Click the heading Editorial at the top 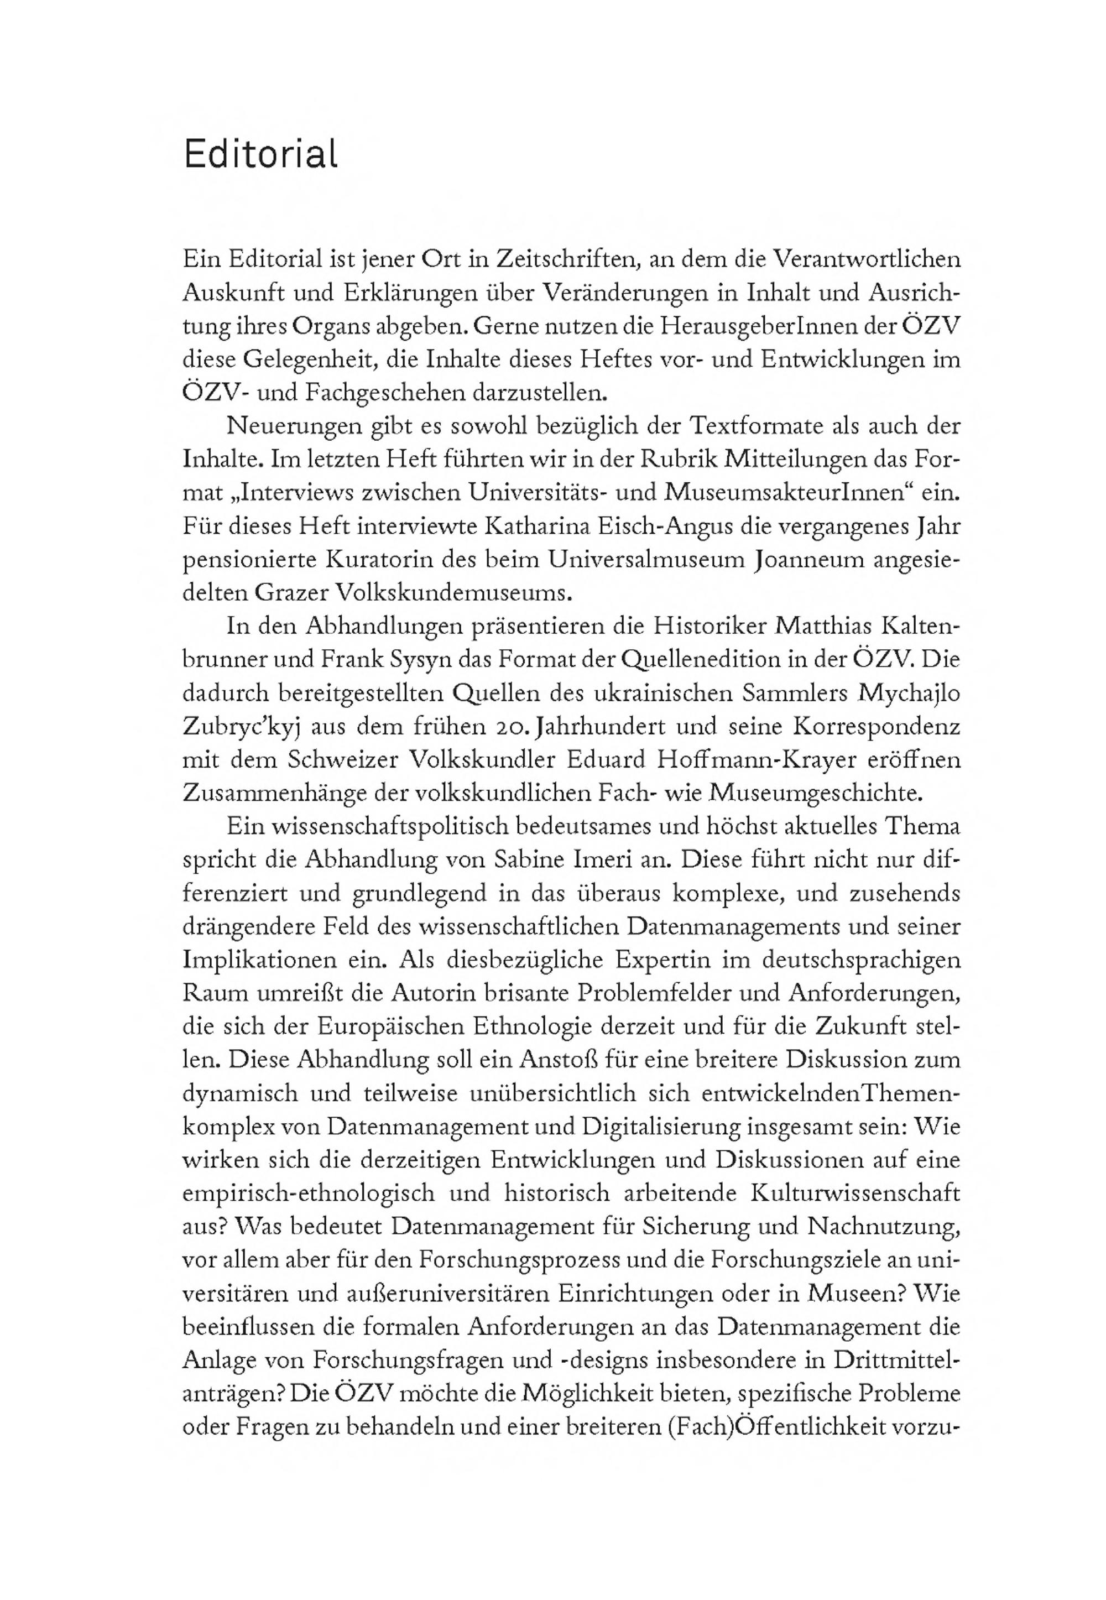point(260,154)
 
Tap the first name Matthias point(805,627)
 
